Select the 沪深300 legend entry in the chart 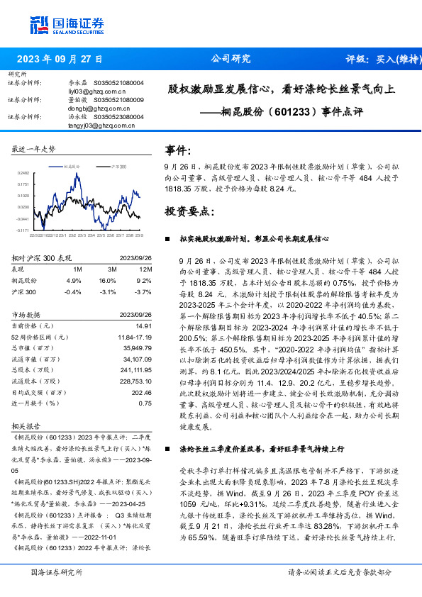117,164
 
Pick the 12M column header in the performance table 146,270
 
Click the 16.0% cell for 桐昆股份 108,281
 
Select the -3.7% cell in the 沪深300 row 144,291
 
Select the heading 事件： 178,150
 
